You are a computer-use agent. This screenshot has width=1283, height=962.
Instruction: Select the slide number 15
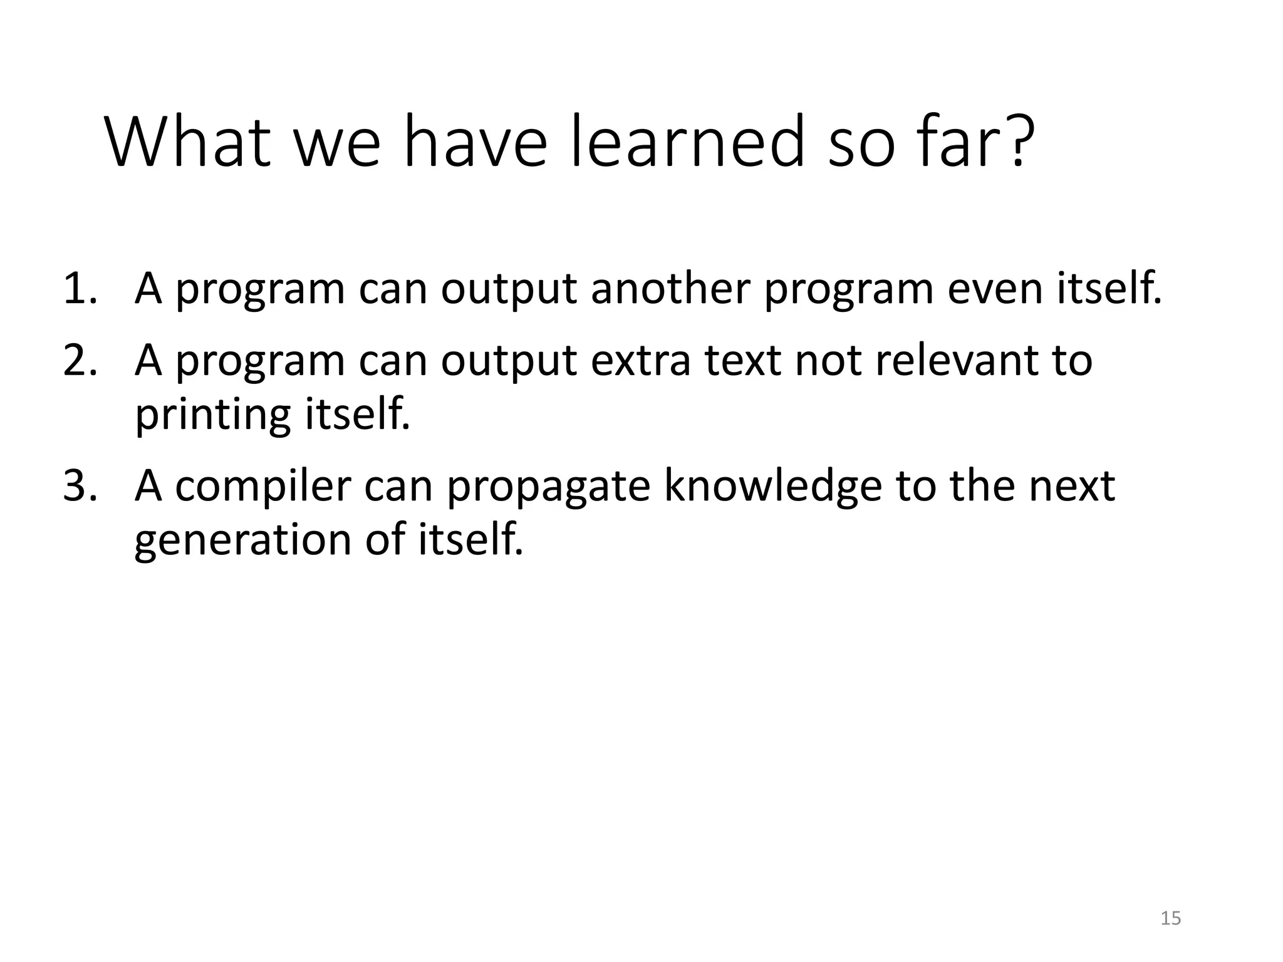[x=1170, y=918]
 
